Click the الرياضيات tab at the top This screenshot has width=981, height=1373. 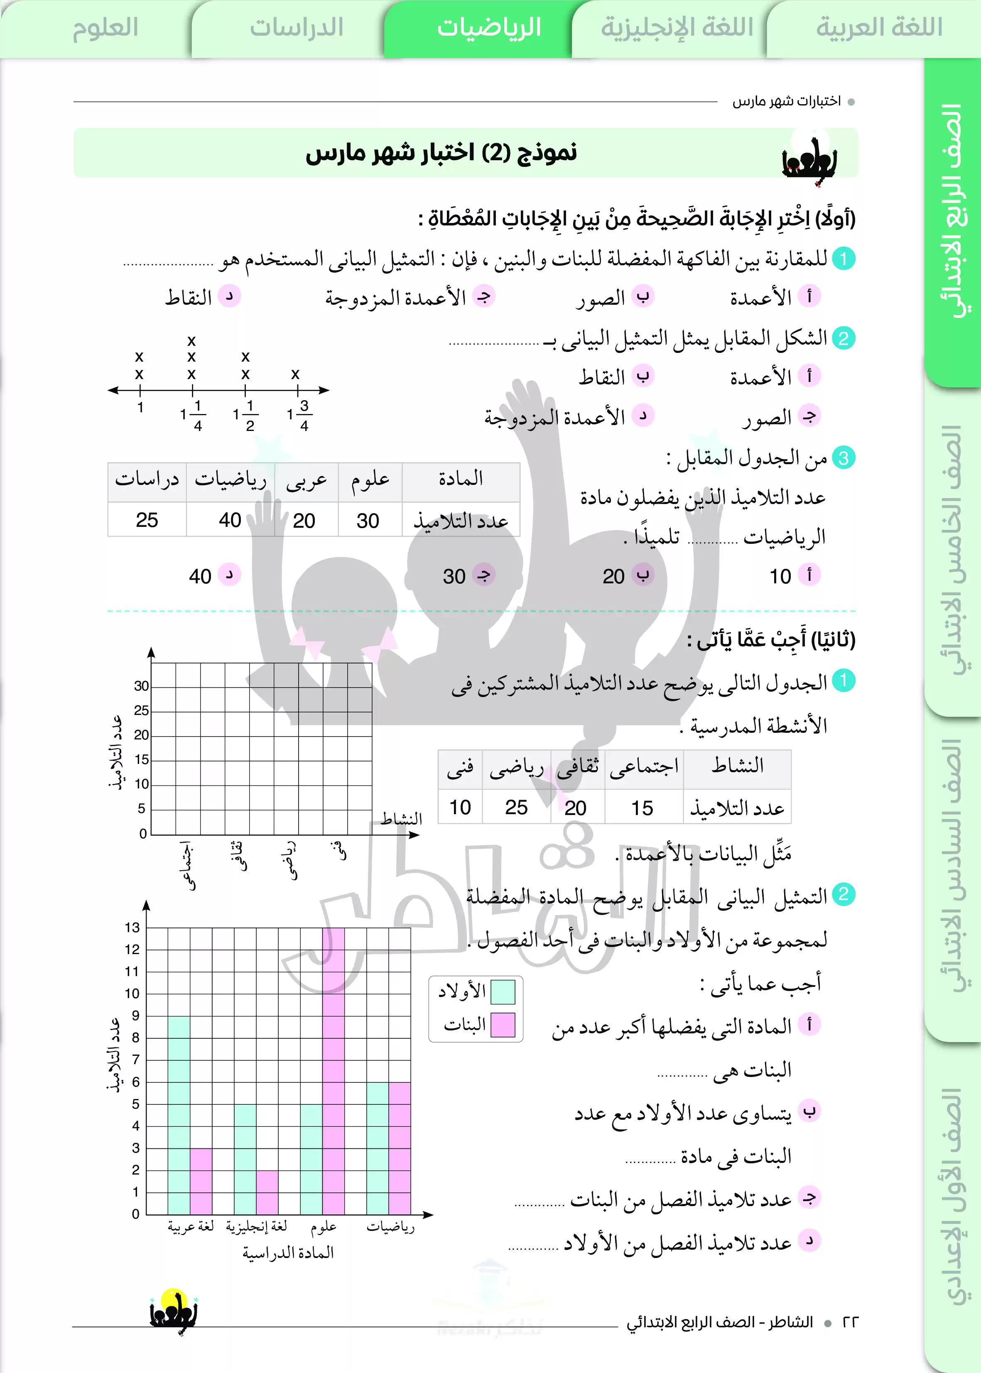[489, 28]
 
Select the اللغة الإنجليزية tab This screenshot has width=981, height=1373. [677, 28]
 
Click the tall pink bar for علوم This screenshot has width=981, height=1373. [334, 1070]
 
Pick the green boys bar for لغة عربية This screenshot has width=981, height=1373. [179, 1115]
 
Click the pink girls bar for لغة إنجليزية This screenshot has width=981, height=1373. [267, 1192]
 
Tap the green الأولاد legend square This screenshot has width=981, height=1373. [503, 991]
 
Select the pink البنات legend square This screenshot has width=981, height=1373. [503, 1025]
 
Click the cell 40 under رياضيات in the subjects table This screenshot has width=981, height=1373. [230, 520]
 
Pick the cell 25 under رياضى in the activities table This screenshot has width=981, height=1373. [517, 807]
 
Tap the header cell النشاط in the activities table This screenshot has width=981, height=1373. [737, 767]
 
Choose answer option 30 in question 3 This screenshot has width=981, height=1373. [454, 576]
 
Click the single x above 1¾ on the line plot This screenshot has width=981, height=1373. [295, 374]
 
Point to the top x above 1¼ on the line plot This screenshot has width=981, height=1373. [191, 341]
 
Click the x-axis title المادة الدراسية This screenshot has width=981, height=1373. [288, 1253]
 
